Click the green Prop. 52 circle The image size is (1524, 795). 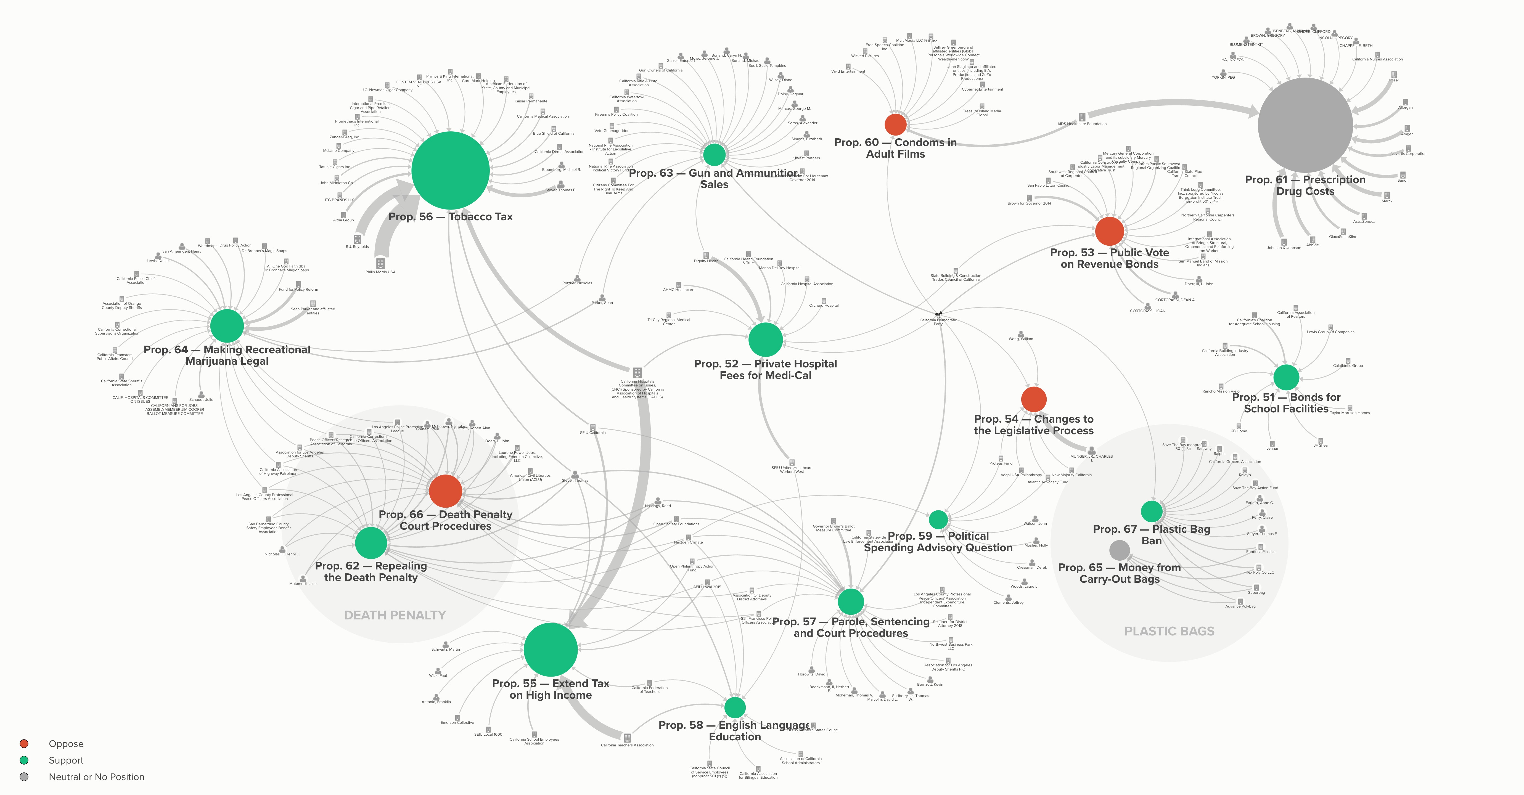click(766, 340)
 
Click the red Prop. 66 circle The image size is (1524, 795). click(446, 491)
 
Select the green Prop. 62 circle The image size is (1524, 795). click(371, 542)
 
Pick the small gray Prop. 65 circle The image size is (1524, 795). click(1119, 550)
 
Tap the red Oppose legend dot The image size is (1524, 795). click(24, 744)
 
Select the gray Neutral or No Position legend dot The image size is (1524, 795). click(24, 777)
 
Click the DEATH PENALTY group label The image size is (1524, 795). click(395, 615)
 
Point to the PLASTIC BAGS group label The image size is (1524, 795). click(1169, 631)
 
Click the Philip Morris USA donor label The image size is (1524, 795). click(380, 272)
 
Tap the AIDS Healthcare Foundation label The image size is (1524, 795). click(1082, 124)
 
